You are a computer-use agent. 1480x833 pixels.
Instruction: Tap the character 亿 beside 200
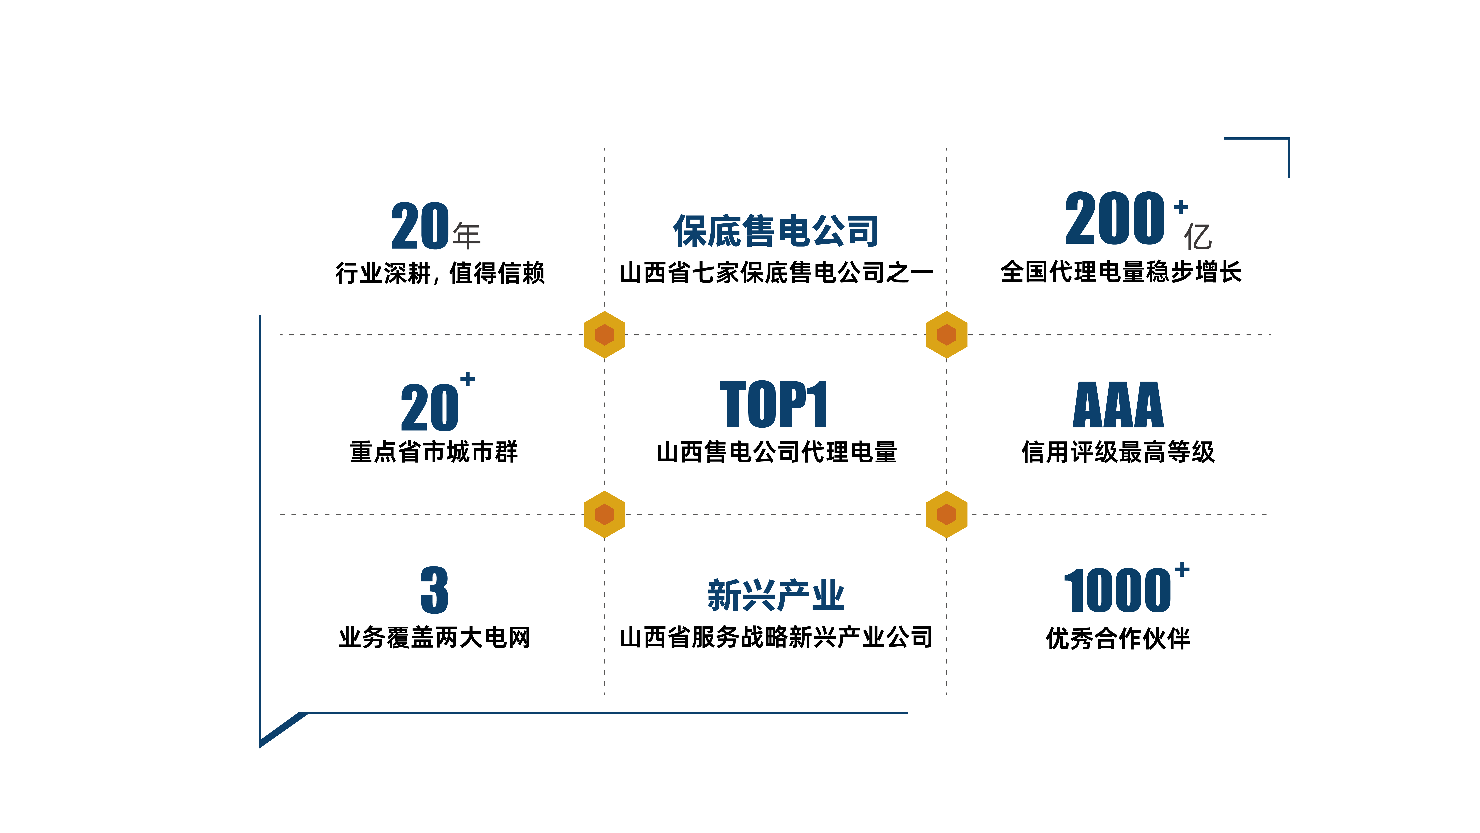click(x=1198, y=236)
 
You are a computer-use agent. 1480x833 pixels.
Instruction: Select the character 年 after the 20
click(x=466, y=236)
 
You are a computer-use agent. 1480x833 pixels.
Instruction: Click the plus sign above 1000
click(x=1182, y=569)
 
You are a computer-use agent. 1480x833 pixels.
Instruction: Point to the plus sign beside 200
click(x=1181, y=207)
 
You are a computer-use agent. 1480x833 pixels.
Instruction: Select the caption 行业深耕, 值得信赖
click(x=440, y=272)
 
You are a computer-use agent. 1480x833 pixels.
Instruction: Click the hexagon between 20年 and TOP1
click(x=604, y=334)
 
